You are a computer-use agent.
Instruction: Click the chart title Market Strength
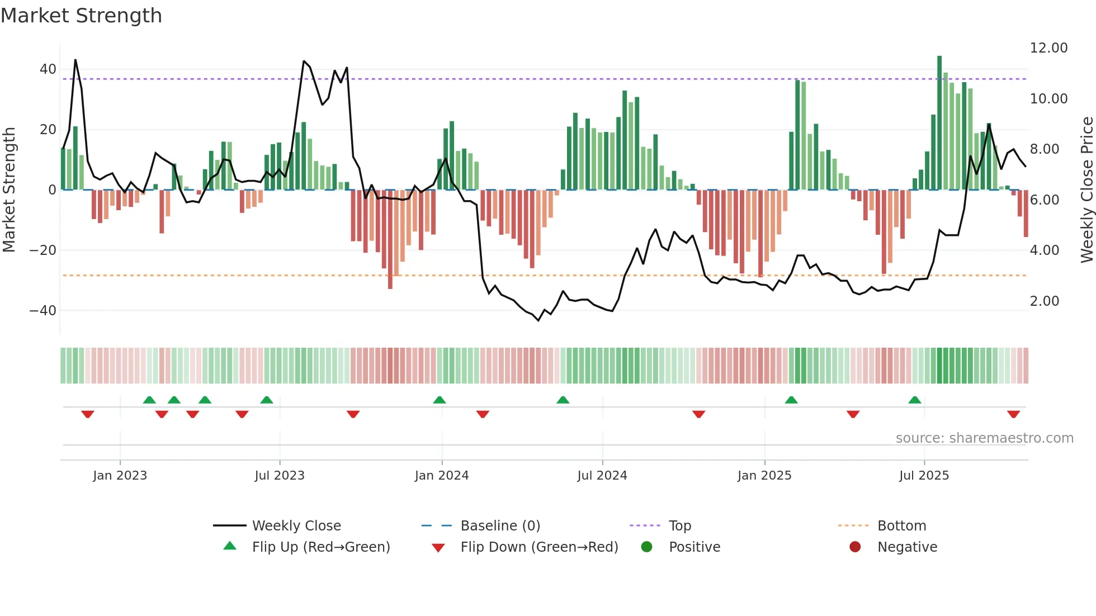pyautogui.click(x=81, y=16)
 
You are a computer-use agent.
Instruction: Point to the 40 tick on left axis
pyautogui.click(x=48, y=69)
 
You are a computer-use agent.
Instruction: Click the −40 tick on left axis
pyautogui.click(x=42, y=310)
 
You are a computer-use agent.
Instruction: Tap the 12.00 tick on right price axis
pyautogui.click(x=1048, y=48)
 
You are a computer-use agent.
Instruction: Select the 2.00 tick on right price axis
pyautogui.click(x=1044, y=301)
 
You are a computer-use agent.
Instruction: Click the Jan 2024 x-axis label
pyautogui.click(x=441, y=476)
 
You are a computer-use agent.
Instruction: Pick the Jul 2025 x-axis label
pyautogui.click(x=924, y=476)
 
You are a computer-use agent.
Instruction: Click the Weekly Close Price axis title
pyautogui.click(x=1086, y=190)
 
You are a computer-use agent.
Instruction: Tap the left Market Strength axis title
pyautogui.click(x=10, y=190)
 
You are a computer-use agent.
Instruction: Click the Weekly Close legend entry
pyautogui.click(x=296, y=526)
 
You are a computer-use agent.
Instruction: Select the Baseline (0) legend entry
pyautogui.click(x=500, y=526)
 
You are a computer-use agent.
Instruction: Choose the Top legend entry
pyautogui.click(x=679, y=526)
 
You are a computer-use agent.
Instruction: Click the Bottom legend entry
pyautogui.click(x=901, y=526)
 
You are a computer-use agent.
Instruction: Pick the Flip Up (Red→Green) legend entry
pyautogui.click(x=320, y=547)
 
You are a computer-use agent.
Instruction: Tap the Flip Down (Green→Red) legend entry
pyautogui.click(x=538, y=547)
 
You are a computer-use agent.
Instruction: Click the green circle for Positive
pyautogui.click(x=647, y=547)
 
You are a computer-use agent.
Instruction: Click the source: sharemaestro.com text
pyautogui.click(x=984, y=438)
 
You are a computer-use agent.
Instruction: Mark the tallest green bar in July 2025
pyautogui.click(x=939, y=123)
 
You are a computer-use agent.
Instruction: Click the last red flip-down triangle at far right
pyautogui.click(x=1013, y=414)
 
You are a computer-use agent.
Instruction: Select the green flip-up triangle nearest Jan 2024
pyautogui.click(x=440, y=400)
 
